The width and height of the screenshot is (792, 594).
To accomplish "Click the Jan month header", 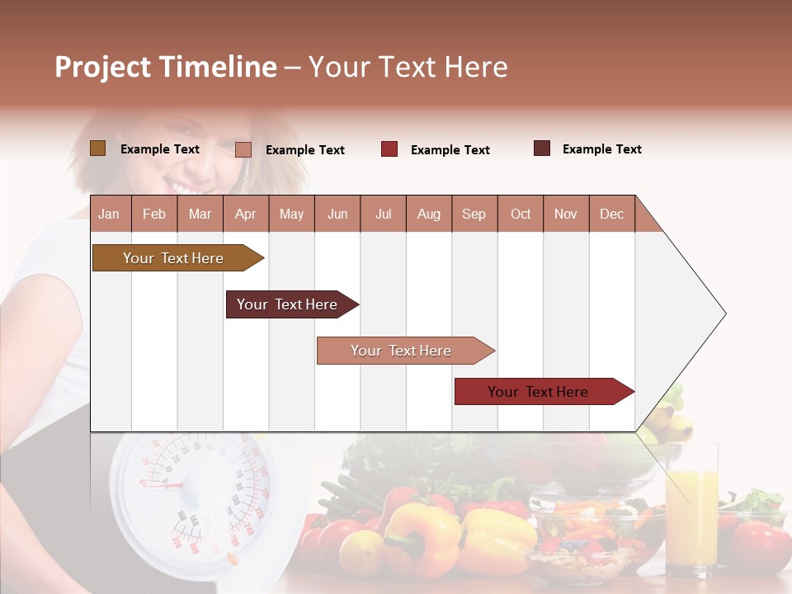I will (109, 214).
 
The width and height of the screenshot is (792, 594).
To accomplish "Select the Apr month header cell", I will (245, 214).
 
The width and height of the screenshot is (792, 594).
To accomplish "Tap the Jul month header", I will (383, 214).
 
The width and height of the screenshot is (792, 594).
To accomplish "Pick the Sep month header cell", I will (474, 214).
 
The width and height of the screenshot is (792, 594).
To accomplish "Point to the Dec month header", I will (611, 214).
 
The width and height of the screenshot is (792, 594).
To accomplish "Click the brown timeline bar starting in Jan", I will (173, 258).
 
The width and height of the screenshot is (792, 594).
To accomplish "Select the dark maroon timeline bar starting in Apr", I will (287, 304).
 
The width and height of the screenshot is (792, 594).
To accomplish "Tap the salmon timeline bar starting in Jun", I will (401, 351).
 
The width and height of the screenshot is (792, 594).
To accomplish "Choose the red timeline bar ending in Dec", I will (538, 392).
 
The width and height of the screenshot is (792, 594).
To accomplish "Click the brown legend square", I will (97, 148).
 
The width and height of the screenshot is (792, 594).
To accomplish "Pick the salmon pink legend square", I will (243, 149).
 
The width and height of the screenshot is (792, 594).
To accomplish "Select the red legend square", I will (389, 149).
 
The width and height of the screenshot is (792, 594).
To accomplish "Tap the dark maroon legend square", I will (542, 148).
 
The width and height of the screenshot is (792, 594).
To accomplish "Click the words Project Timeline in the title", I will (165, 67).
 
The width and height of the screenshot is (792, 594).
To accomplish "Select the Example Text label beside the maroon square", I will (601, 149).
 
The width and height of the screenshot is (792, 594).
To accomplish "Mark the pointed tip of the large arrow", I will (724, 313).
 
